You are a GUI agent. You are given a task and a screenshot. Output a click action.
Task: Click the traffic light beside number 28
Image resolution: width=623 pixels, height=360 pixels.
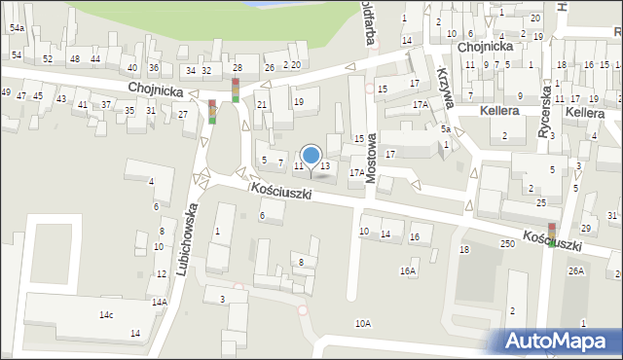click(x=235, y=90)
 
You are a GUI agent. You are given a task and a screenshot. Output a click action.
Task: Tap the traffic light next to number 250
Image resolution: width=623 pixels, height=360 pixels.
click(x=551, y=234)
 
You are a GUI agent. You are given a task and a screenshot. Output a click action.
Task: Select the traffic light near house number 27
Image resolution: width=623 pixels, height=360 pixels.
click(x=212, y=112)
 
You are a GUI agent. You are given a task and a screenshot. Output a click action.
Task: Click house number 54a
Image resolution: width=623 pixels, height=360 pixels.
click(x=17, y=29)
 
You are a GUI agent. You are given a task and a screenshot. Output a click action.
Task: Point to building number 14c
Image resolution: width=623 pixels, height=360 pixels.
click(x=106, y=315)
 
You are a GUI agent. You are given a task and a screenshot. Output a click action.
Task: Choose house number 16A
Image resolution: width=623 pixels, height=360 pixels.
click(x=407, y=271)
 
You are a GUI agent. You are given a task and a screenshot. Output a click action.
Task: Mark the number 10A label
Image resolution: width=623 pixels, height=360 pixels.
click(x=363, y=323)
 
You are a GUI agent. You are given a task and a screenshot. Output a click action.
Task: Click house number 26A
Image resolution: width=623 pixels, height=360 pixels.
click(x=576, y=270)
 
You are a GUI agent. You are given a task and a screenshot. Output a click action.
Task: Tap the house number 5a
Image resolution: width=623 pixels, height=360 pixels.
click(x=445, y=128)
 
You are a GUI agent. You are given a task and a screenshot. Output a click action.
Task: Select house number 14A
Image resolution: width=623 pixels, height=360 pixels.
click(x=159, y=303)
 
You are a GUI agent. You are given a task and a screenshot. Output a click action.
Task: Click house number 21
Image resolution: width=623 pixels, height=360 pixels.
click(x=262, y=104)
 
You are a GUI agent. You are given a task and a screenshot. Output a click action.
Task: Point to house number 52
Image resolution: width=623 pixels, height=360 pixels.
click(x=48, y=59)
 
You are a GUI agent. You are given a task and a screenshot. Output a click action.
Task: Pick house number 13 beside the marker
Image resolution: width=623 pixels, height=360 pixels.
click(x=325, y=166)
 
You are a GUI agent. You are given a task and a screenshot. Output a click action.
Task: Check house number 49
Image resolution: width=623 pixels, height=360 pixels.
click(x=6, y=92)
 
